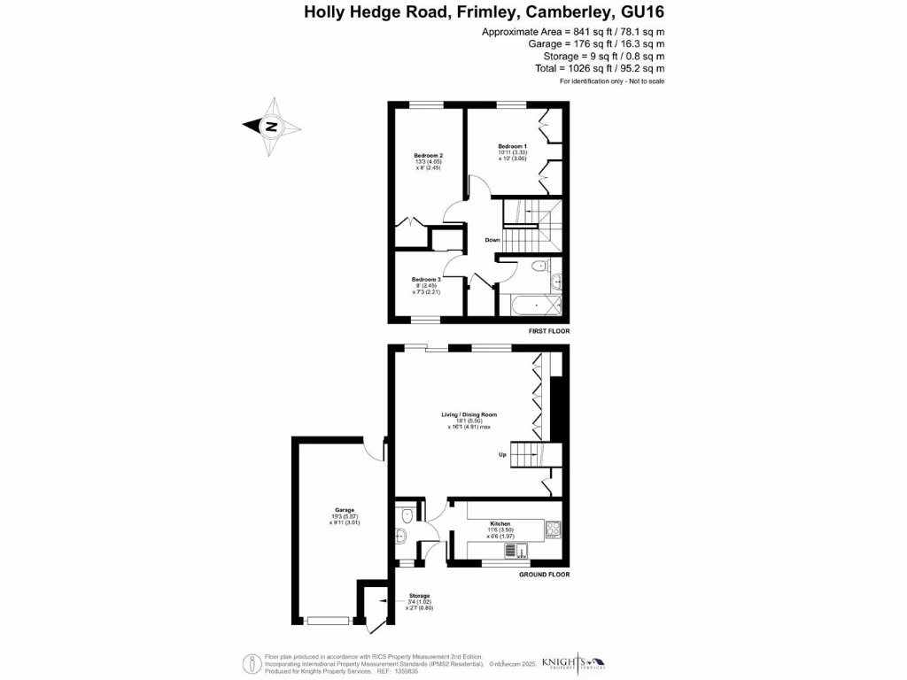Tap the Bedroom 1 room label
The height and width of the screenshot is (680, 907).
[x=512, y=146]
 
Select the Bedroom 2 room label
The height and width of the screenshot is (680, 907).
[x=428, y=156]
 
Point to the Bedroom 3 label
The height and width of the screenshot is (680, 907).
[x=426, y=279]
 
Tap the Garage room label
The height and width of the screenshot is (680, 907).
[x=345, y=510]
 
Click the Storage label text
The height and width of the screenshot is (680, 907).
[x=419, y=596]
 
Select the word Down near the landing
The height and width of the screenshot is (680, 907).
[x=492, y=240]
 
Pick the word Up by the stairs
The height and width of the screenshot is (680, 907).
[x=503, y=455]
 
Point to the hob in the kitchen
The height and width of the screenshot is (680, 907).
[x=554, y=529]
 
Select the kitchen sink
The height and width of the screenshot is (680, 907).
[x=511, y=550]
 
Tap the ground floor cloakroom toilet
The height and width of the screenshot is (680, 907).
[x=406, y=514]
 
